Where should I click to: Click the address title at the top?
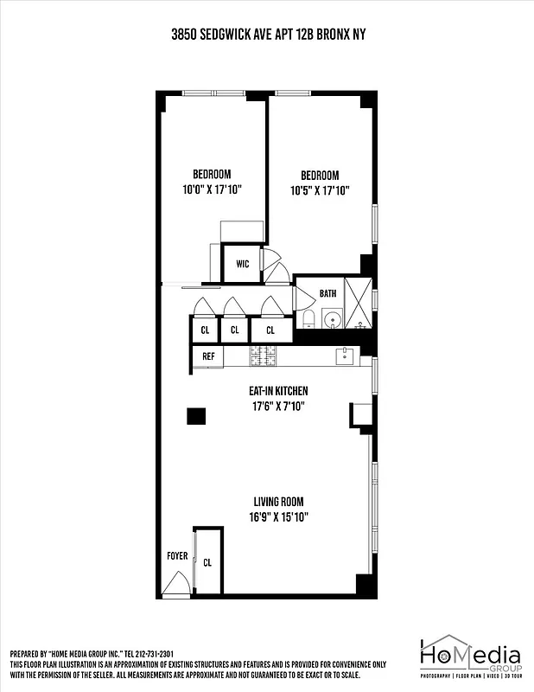pos(266,35)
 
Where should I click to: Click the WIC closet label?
pos(243,264)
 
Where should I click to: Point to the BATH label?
pos(327,294)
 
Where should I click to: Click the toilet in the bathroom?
pos(307,321)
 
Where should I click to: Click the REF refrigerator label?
pos(208,356)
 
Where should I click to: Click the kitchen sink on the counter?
pos(345,355)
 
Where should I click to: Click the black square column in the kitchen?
pos(197,417)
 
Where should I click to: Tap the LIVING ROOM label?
pos(278,502)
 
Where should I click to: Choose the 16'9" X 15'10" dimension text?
pos(280,516)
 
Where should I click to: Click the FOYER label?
pos(176,556)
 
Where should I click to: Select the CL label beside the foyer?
pos(207,562)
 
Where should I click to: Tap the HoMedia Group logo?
pos(471,658)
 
